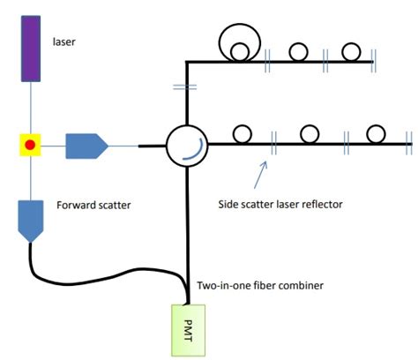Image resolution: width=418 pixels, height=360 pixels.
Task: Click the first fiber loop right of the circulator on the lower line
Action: point(243,133)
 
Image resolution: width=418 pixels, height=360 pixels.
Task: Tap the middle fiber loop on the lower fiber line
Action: point(310,133)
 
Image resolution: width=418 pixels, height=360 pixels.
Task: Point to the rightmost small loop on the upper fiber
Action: point(352,50)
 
